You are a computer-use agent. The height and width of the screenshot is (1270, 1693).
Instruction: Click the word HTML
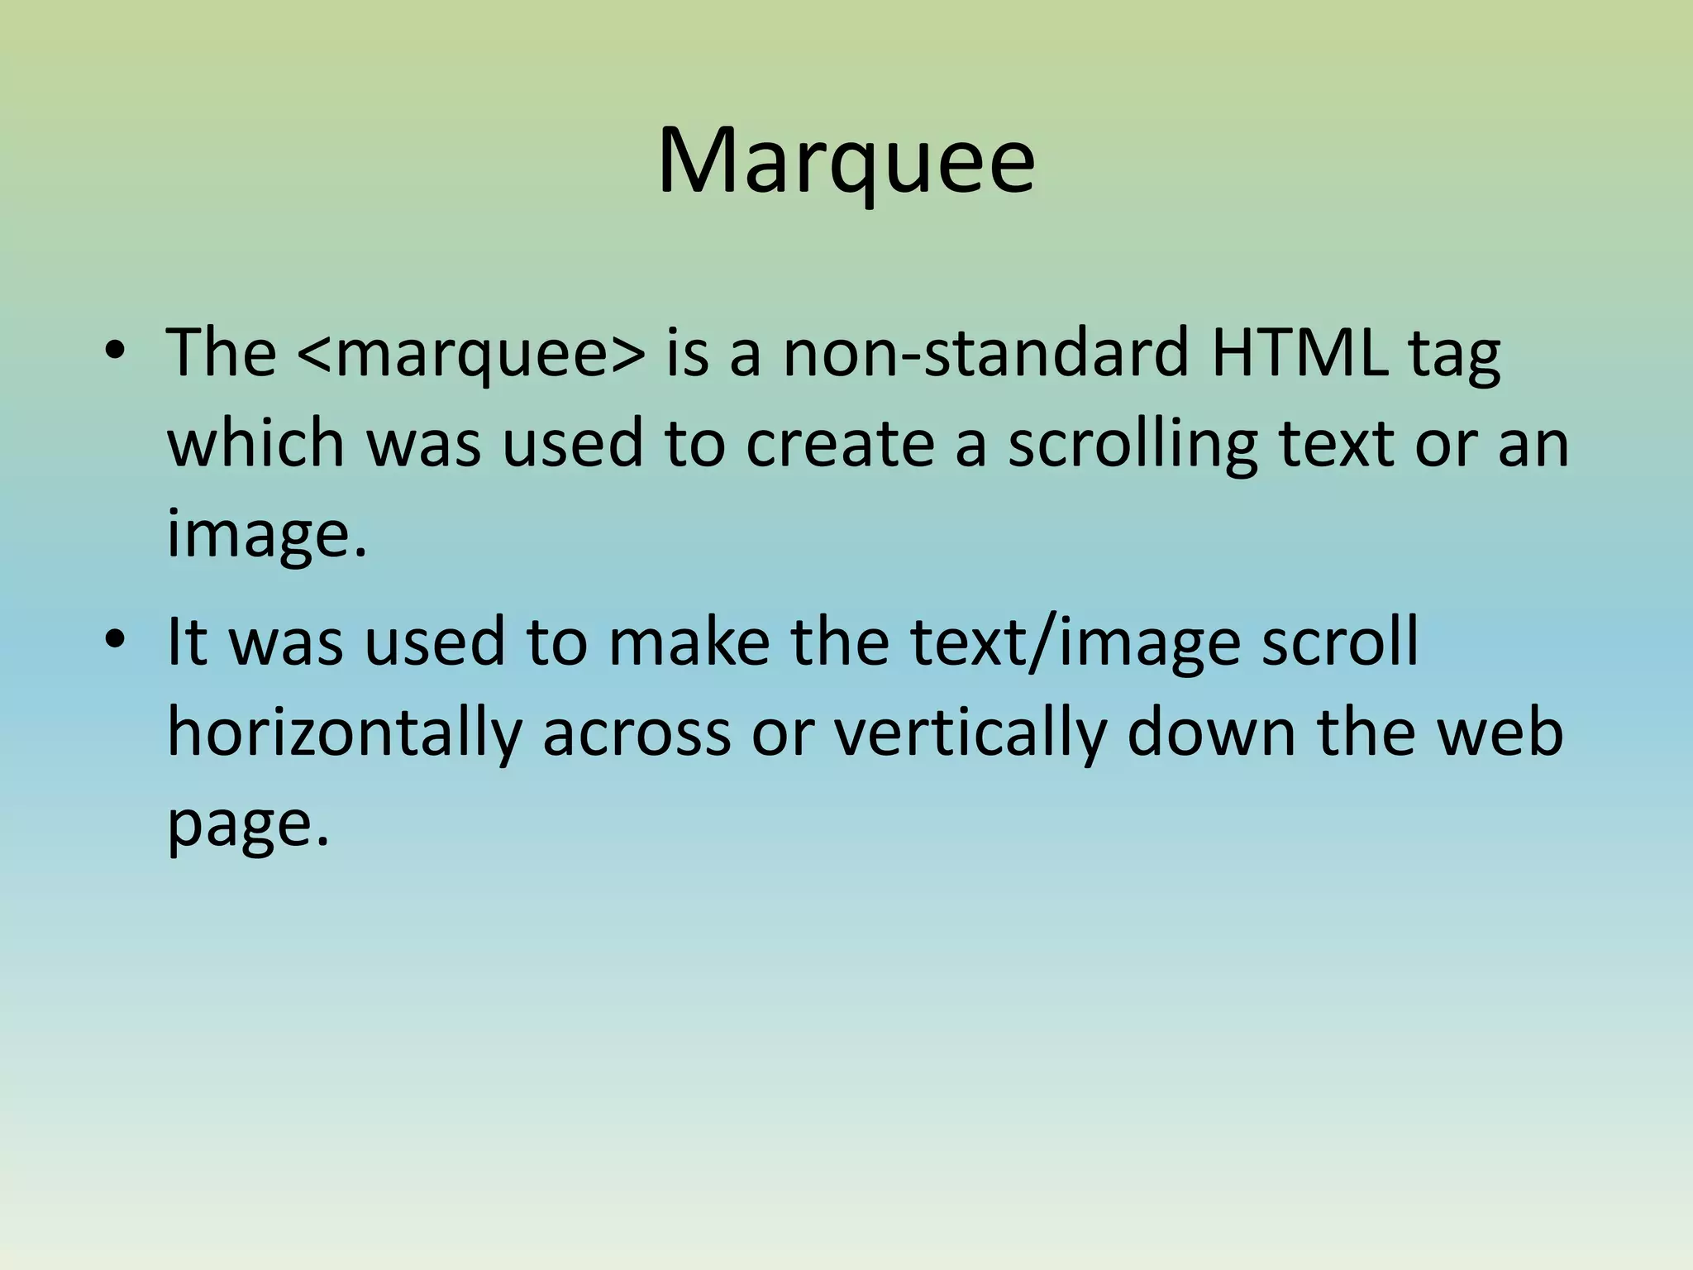tap(1300, 352)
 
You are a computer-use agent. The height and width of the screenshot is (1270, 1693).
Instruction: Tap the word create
tap(840, 443)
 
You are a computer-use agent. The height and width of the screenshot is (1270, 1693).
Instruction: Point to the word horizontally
tap(344, 734)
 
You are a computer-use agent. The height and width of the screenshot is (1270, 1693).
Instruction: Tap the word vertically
tap(969, 734)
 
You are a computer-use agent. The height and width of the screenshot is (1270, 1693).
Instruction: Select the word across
tap(637, 734)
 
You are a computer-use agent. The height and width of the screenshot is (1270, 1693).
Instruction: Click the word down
tap(1211, 733)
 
